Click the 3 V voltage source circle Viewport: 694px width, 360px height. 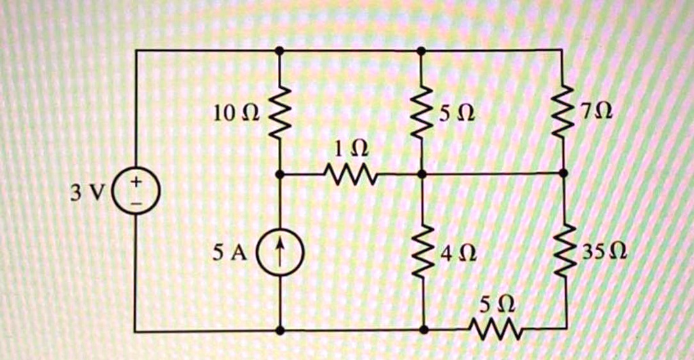point(136,192)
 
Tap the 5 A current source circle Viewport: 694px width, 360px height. point(280,252)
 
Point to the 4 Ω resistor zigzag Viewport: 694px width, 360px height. point(422,252)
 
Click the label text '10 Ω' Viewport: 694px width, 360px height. point(235,113)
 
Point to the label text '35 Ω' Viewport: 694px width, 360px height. point(604,253)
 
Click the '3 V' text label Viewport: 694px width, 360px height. point(87,193)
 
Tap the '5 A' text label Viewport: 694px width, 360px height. point(230,253)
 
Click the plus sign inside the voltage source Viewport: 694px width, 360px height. point(136,182)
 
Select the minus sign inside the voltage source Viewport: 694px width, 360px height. point(136,201)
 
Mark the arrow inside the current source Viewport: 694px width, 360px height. point(280,252)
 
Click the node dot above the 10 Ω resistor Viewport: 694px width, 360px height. point(279,50)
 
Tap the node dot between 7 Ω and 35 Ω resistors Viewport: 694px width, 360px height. point(563,174)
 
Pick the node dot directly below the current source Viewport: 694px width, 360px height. point(280,331)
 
